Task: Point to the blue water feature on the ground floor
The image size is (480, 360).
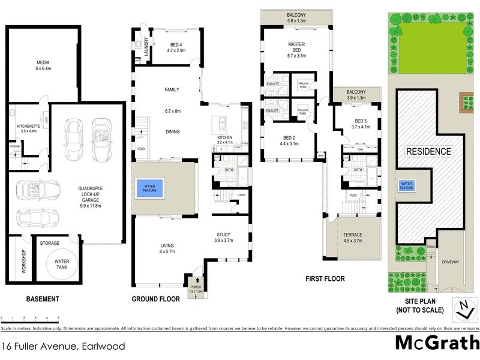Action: (149, 188)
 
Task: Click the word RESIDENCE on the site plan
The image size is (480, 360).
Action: (429, 151)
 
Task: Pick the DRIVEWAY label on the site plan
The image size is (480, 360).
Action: (450, 262)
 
